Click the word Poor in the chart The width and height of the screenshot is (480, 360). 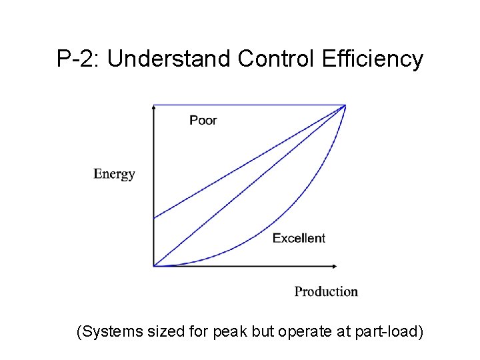coord(203,120)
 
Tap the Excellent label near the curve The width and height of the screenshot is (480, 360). coord(299,238)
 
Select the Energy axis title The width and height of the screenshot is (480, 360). coord(115,174)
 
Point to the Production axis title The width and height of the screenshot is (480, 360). coord(326,291)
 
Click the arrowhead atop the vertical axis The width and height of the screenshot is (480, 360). coord(154,107)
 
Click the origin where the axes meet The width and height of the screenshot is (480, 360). coord(154,266)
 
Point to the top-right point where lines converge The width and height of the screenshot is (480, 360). coord(345,105)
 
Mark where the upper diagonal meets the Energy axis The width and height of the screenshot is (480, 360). coord(154,218)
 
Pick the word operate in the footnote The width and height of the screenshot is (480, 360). coord(312,331)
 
